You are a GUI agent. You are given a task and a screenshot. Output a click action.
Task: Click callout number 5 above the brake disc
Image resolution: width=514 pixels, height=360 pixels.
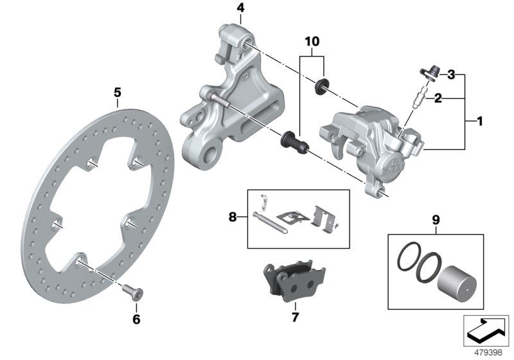click(117, 93)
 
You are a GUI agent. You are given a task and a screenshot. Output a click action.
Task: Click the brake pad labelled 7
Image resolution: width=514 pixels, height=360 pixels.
click(286, 284)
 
